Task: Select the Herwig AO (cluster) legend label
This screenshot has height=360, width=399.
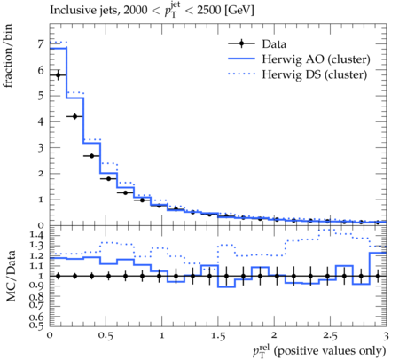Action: point(316,59)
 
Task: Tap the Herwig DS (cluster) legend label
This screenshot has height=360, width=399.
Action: point(315,74)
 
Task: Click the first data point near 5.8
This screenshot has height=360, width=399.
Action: point(58,75)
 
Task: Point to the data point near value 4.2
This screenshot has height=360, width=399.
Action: point(74,116)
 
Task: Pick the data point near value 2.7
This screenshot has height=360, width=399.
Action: point(91,156)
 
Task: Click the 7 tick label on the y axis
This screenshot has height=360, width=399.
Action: point(41,44)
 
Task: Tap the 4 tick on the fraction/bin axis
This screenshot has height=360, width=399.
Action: point(41,121)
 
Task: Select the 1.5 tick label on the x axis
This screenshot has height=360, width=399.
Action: point(218,336)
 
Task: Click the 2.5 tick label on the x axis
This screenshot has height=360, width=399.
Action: point(330,336)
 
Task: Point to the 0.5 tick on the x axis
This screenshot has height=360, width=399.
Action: point(106,336)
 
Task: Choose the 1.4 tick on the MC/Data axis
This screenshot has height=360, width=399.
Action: point(36,235)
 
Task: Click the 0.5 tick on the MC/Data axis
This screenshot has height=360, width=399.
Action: point(36,325)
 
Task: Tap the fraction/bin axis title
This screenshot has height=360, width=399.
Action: point(8,56)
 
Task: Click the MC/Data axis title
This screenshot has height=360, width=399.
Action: point(11,276)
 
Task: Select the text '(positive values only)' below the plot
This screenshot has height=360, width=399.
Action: point(330,351)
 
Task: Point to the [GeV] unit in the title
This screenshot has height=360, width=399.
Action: point(239,10)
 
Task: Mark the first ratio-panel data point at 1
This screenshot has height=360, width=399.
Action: point(58,276)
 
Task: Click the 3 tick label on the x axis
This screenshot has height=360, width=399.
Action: point(386,336)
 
